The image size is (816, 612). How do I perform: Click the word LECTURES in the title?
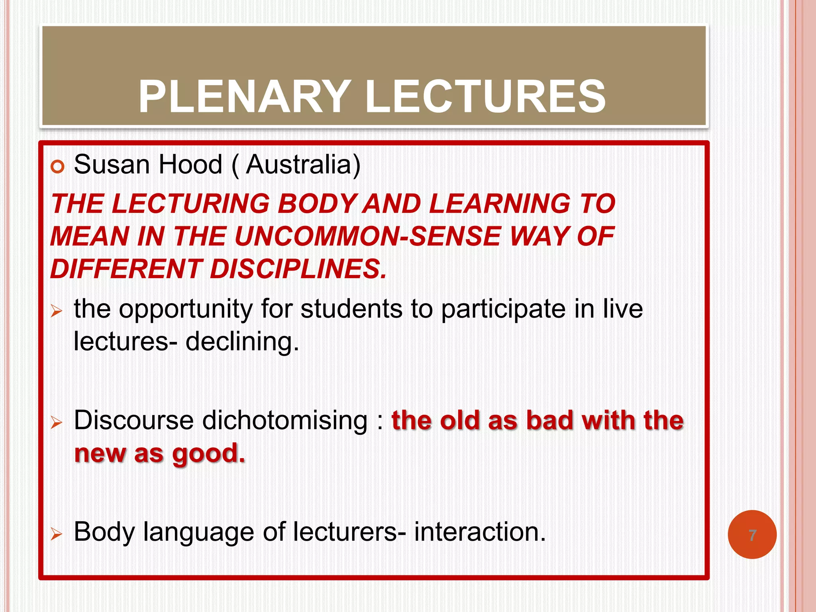[x=485, y=97]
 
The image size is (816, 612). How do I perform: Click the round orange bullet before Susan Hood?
[x=57, y=167]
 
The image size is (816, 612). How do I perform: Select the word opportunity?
[x=186, y=310]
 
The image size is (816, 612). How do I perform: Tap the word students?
[x=351, y=309]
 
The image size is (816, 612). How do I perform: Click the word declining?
[x=242, y=341]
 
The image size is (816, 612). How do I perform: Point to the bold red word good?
[x=208, y=454]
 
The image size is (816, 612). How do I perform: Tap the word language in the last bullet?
[x=198, y=532]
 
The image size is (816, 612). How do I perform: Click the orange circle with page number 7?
[x=752, y=535]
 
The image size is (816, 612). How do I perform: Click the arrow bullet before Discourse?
[x=57, y=423]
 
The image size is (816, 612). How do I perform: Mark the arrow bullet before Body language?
[x=57, y=534]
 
